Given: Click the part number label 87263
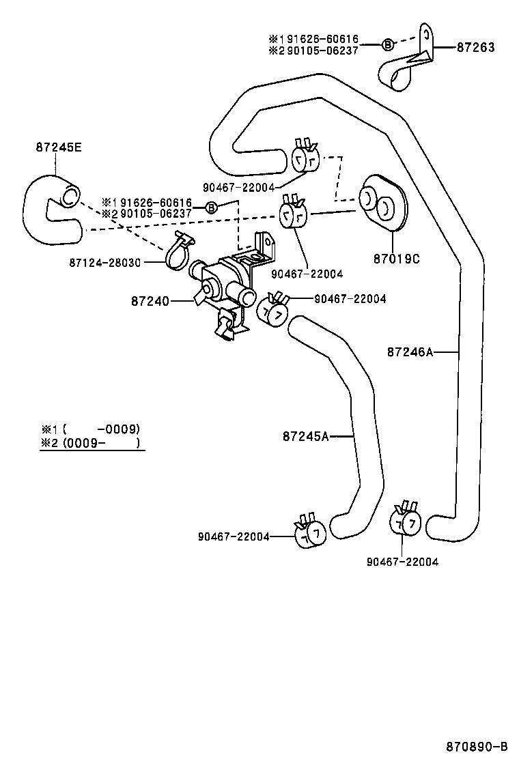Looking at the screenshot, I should pos(475,47).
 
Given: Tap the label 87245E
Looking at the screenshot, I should pos(59,146).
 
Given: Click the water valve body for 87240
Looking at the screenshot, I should pos(222,283).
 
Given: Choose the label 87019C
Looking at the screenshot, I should pos(397,259).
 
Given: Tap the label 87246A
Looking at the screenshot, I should pos(410,352).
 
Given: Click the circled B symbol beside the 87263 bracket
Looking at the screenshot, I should pos(387,45).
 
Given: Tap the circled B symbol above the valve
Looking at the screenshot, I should pos(211,207).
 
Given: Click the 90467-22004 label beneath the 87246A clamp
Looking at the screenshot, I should pos(402,562).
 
